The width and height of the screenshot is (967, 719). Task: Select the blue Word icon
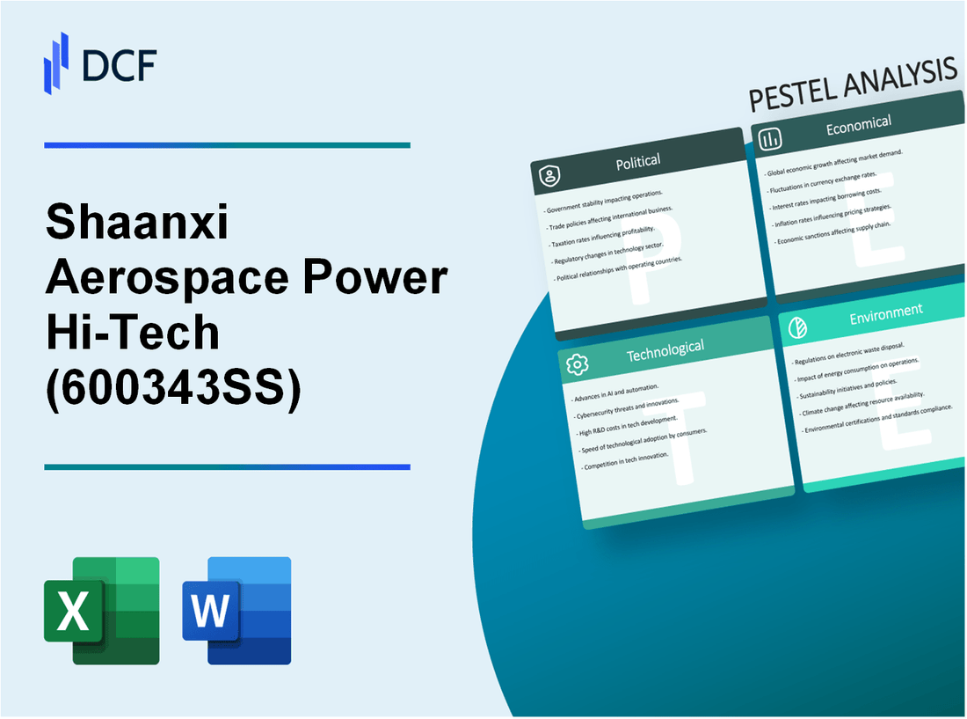click(236, 610)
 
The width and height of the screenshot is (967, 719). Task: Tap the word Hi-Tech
click(131, 333)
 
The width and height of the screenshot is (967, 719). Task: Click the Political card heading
click(639, 161)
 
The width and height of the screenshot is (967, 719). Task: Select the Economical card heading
click(858, 126)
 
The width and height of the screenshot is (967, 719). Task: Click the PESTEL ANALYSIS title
click(852, 89)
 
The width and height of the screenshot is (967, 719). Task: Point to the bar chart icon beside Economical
click(771, 138)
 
